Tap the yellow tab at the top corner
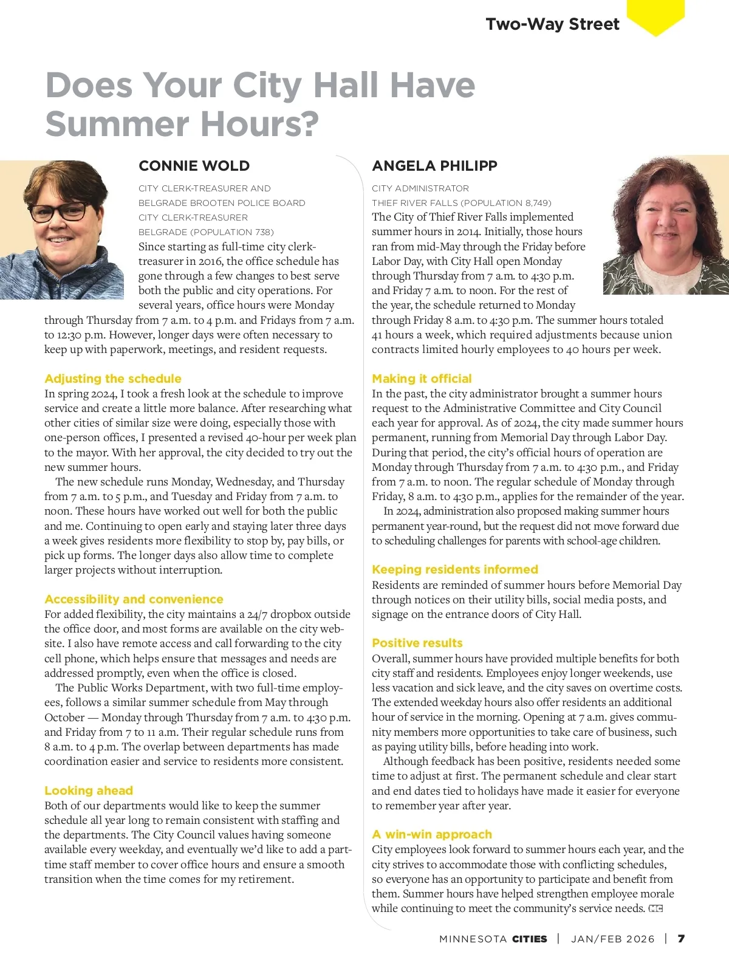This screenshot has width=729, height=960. click(x=655, y=16)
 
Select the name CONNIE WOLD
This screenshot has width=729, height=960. click(x=194, y=166)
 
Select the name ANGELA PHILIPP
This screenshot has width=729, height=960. click(x=434, y=166)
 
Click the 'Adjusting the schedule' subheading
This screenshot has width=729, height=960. click(x=113, y=379)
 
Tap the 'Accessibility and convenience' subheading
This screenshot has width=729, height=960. click(x=134, y=599)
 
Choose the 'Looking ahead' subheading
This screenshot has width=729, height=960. click(x=89, y=790)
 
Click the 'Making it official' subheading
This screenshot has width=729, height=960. click(x=422, y=379)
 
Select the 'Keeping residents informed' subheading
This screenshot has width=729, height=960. click(x=455, y=569)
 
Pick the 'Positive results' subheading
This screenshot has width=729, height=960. click(x=417, y=643)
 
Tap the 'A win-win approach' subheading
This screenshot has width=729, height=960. click(x=432, y=834)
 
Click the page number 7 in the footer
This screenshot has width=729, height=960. click(x=682, y=939)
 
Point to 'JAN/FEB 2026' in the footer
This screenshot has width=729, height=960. click(x=613, y=939)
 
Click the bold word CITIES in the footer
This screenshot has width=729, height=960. click(x=530, y=939)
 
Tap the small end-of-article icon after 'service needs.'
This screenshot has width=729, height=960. click(x=655, y=909)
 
